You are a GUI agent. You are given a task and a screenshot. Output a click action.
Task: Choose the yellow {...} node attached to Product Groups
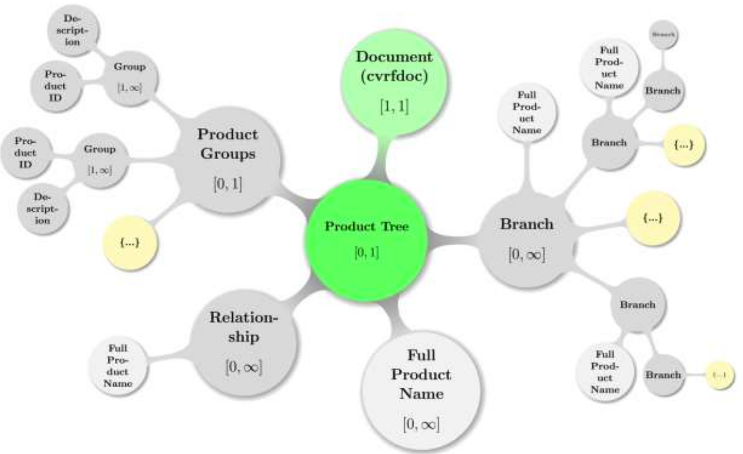[x=130, y=243]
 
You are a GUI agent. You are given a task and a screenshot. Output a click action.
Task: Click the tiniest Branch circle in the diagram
[x=664, y=35]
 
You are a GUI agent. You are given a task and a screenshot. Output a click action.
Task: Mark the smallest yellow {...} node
[x=719, y=375]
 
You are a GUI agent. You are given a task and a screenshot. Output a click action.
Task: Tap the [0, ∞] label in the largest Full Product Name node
[x=421, y=424]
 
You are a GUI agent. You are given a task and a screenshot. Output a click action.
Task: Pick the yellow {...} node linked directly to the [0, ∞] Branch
[x=652, y=218]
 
